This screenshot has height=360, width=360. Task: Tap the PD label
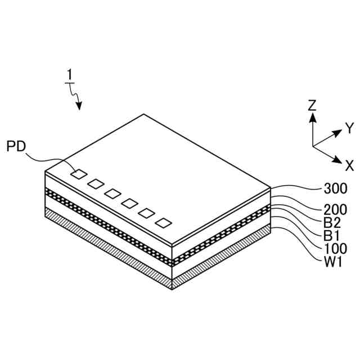(x=16, y=147)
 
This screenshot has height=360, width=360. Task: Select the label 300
(x=335, y=188)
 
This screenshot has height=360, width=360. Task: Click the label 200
(x=335, y=209)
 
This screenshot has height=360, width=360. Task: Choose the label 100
(x=335, y=248)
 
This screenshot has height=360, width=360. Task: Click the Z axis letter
(x=312, y=105)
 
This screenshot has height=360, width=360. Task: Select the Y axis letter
(x=349, y=128)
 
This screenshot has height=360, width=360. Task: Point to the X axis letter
(x=349, y=165)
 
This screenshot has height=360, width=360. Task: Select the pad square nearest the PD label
(x=79, y=174)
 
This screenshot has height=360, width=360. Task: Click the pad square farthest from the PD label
(x=164, y=222)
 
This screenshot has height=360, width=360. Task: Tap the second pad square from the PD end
(x=96, y=183)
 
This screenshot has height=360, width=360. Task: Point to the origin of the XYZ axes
(x=313, y=146)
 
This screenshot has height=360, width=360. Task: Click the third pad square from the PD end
(x=112, y=193)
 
